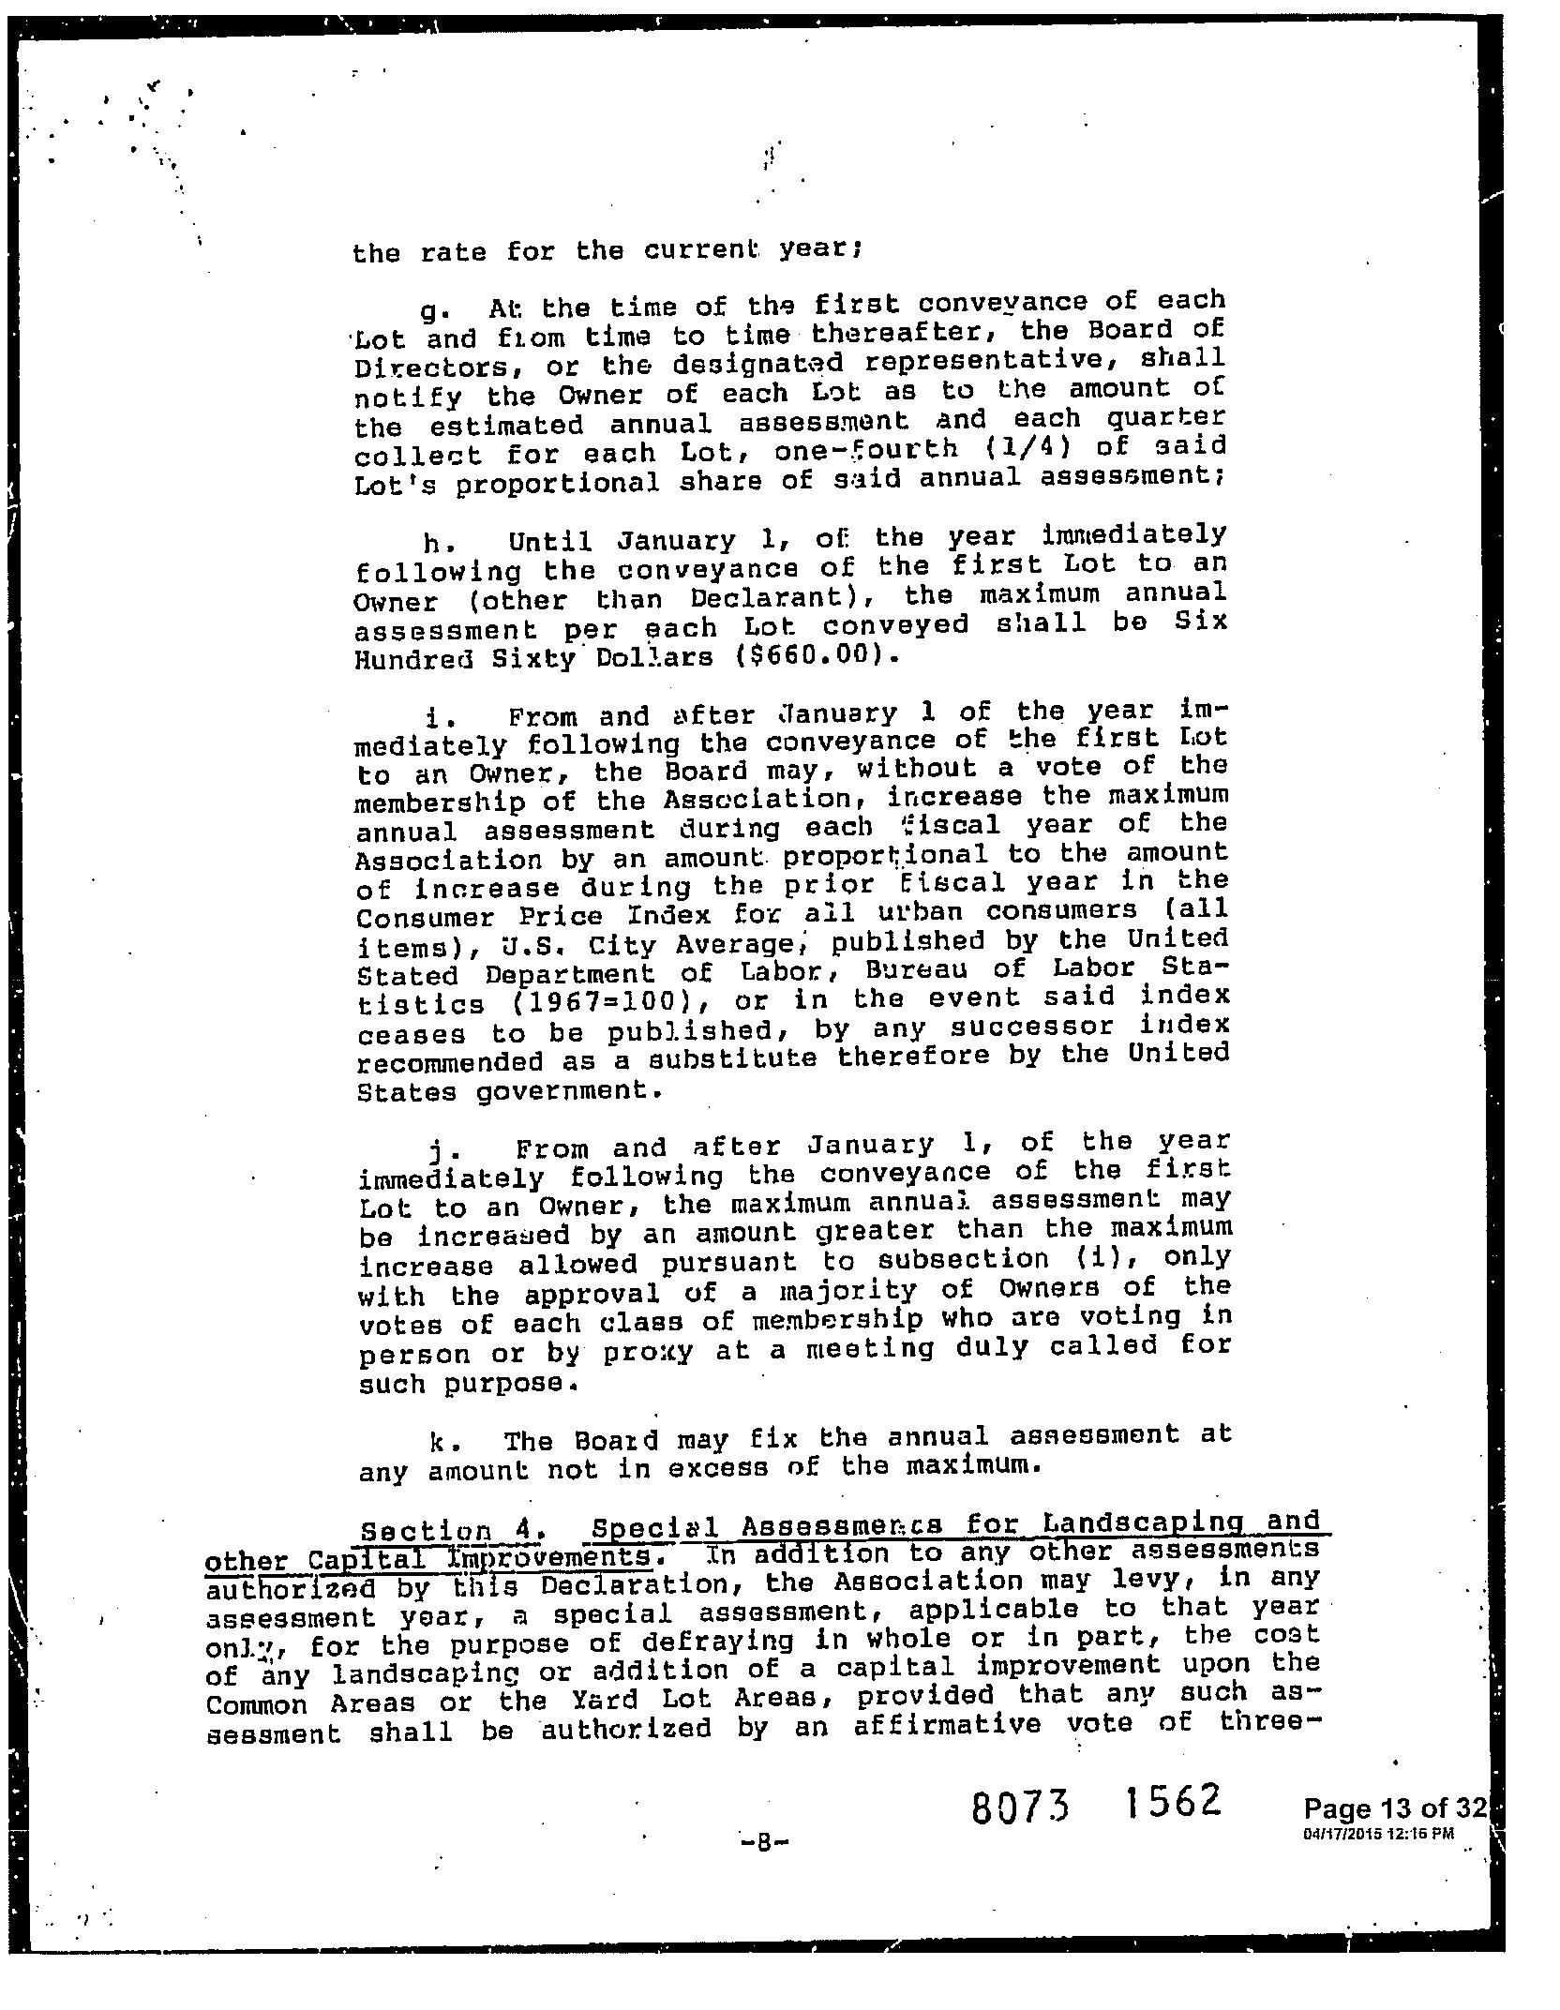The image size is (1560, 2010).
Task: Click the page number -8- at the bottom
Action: click(764, 1843)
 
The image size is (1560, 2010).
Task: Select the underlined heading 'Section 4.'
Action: click(447, 1530)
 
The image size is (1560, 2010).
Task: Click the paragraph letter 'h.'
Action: click(432, 543)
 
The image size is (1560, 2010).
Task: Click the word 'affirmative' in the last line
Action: click(948, 1725)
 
